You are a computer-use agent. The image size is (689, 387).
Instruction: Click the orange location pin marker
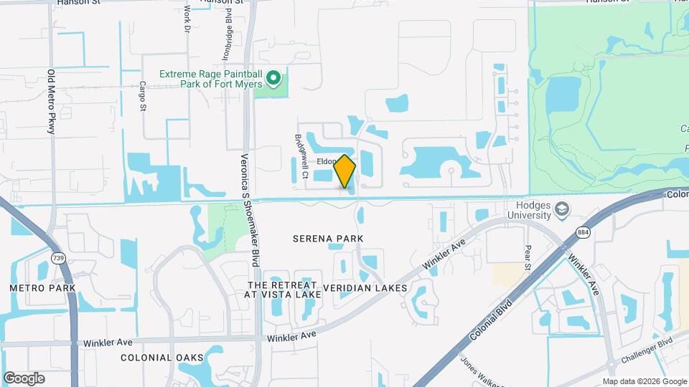tap(345, 171)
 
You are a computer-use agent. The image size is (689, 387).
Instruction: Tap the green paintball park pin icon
tap(273, 77)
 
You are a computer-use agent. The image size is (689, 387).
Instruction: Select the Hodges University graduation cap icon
tap(563, 209)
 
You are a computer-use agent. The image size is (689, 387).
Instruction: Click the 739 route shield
tap(57, 257)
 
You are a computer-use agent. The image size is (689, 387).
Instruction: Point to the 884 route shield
tap(582, 233)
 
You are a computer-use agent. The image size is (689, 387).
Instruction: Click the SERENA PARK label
tap(328, 238)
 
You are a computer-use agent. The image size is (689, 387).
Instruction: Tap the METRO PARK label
tap(42, 287)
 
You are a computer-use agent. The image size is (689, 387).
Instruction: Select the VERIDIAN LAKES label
tap(365, 288)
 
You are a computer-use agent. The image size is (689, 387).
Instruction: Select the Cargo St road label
tap(143, 97)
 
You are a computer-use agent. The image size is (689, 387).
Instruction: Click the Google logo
tap(24, 378)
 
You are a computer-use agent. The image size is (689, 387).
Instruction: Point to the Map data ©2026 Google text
tap(644, 381)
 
